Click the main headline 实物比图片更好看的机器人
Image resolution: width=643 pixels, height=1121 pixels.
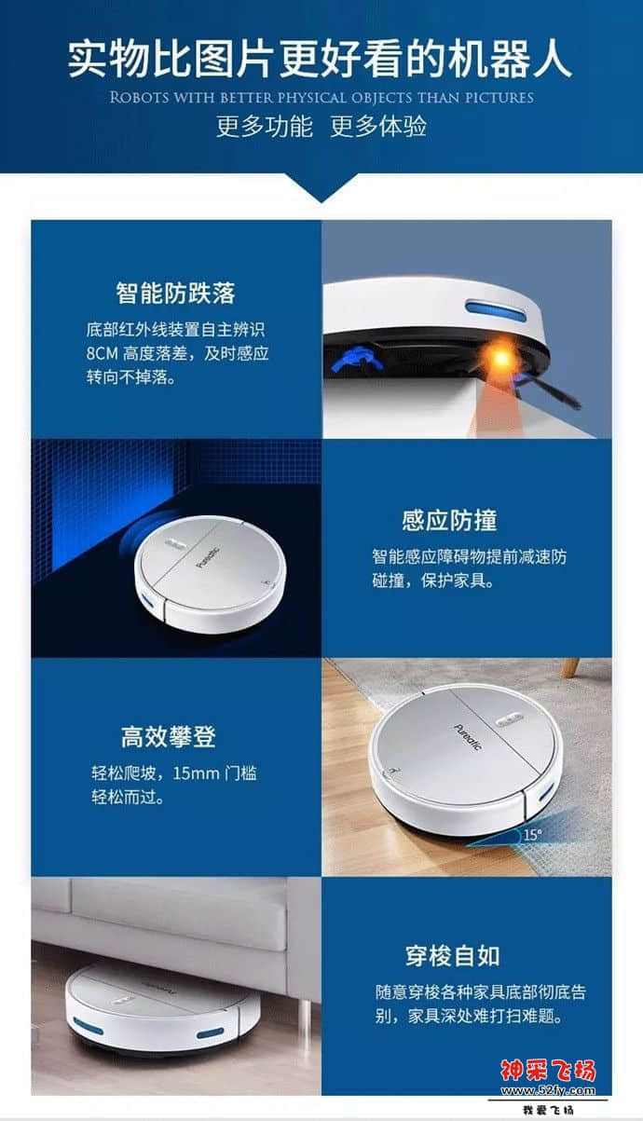click(320, 58)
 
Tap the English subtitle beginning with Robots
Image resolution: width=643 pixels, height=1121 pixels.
click(321, 98)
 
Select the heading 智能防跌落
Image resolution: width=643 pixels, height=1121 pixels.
click(175, 293)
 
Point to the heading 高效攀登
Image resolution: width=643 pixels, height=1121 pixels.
click(169, 737)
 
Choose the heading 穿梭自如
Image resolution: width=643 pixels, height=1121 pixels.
click(453, 955)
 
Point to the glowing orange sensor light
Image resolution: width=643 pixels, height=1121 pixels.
click(505, 358)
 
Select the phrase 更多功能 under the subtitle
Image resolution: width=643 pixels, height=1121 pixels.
click(265, 127)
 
